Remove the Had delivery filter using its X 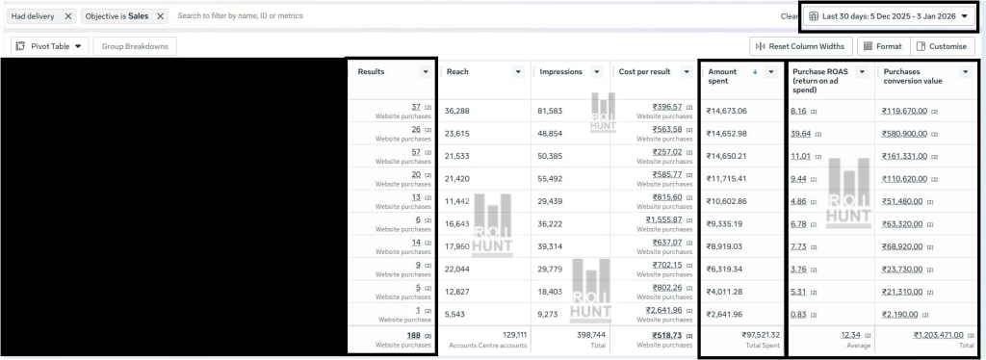68,16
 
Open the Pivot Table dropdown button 49,46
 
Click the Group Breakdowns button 135,46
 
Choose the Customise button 940,46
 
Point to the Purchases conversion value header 914,77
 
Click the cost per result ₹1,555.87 663,219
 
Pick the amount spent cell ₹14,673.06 727,112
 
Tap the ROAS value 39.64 800,134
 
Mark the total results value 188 413,335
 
